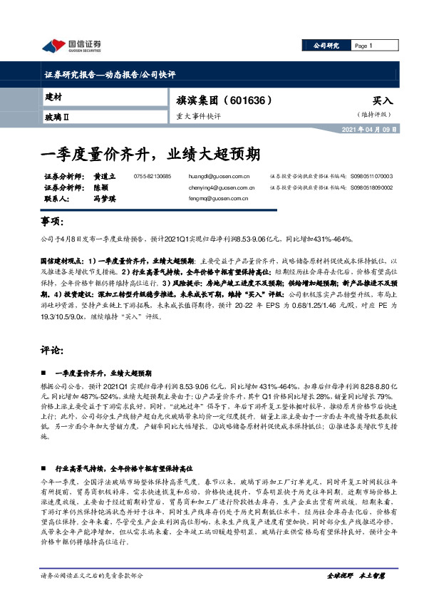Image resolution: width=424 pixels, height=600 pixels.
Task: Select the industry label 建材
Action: [x=53, y=96]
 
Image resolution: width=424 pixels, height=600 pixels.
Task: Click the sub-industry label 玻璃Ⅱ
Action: [x=56, y=115]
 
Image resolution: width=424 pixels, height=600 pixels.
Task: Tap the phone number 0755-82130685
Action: [x=152, y=176]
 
